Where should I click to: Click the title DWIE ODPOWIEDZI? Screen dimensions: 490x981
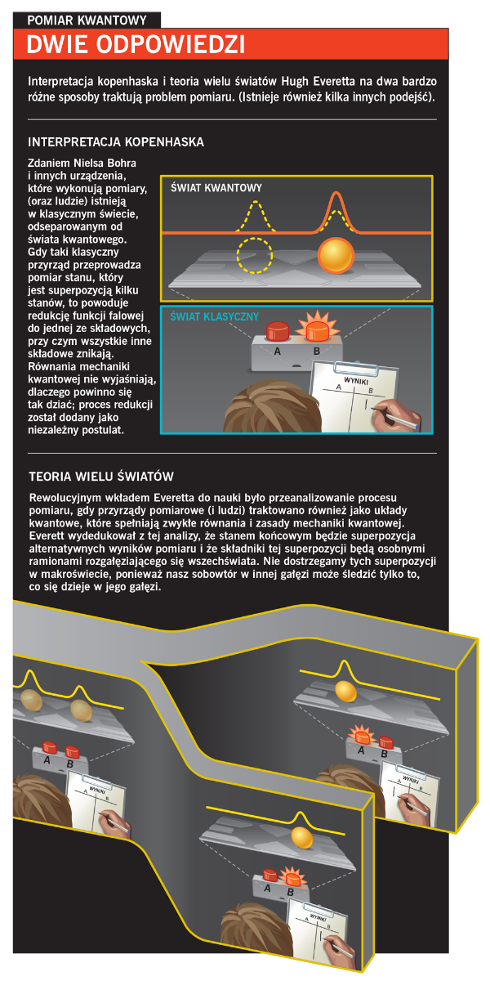tap(136, 44)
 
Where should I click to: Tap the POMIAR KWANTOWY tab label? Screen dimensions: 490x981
tap(87, 20)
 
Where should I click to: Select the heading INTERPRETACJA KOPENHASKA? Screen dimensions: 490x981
tap(116, 142)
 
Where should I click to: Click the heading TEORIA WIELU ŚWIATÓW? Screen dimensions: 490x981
tap(101, 476)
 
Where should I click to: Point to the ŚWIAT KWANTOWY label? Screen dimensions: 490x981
tap(216, 188)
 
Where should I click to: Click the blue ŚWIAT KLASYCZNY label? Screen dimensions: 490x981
tap(214, 316)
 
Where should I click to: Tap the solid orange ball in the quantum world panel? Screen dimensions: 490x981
tap(336, 256)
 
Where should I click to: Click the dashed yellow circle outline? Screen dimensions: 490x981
tap(255, 255)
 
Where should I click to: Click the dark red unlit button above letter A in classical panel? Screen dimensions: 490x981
tap(278, 331)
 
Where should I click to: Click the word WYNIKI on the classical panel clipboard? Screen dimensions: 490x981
tap(356, 381)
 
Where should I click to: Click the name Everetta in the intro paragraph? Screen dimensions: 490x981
tap(334, 82)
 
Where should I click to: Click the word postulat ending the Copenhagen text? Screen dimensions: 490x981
tap(105, 430)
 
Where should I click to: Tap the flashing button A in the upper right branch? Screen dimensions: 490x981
tap(363, 737)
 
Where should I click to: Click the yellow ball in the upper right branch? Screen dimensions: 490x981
tap(345, 691)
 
